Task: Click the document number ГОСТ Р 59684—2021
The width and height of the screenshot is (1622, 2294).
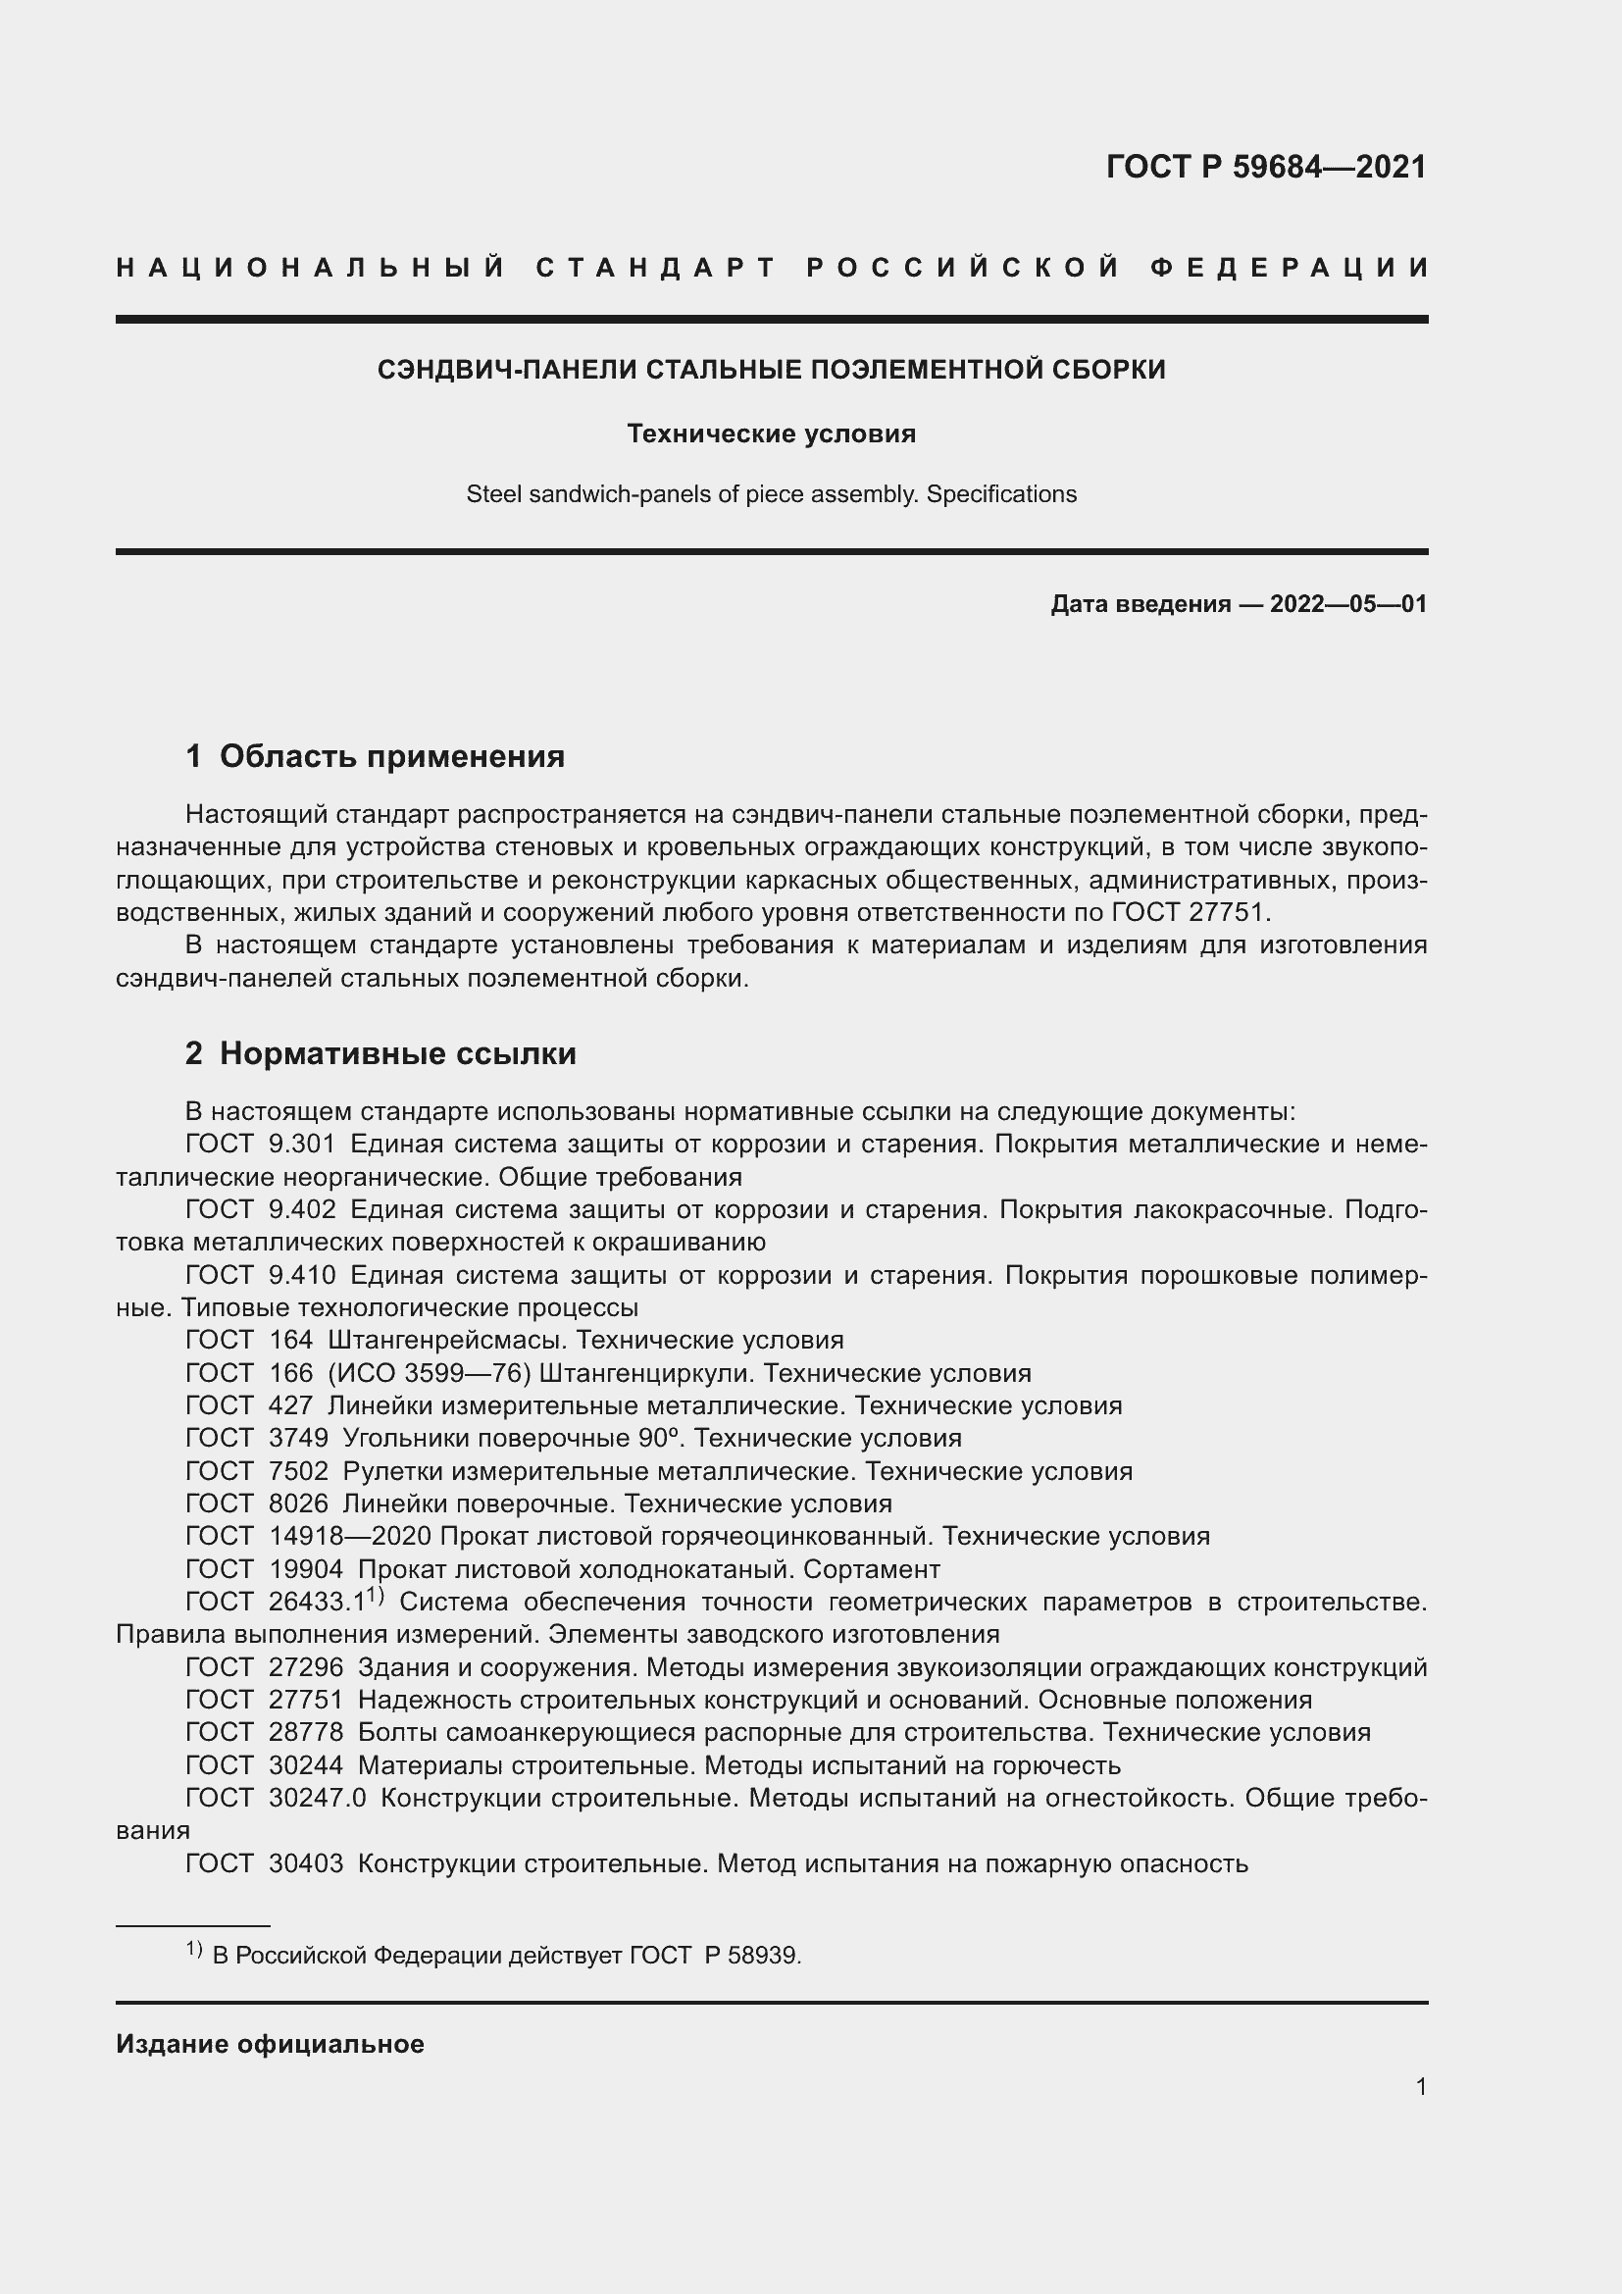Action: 1265,167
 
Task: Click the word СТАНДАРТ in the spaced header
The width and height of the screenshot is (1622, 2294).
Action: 656,268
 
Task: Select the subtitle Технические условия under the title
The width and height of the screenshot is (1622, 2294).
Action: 771,433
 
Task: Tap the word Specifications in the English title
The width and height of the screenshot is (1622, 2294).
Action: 1001,494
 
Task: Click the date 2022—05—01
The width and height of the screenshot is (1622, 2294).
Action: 1347,603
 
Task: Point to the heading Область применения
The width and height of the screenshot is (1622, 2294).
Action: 391,756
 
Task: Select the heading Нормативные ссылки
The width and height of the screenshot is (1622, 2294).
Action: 397,1053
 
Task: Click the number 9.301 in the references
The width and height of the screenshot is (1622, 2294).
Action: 302,1144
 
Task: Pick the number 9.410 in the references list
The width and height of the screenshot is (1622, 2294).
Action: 302,1275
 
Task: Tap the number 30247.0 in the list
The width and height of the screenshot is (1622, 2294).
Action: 317,1798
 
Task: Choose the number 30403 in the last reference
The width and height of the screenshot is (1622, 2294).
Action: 306,1863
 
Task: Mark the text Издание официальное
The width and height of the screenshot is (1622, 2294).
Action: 270,2044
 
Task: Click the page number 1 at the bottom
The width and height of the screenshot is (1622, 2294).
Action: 1420,2086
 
